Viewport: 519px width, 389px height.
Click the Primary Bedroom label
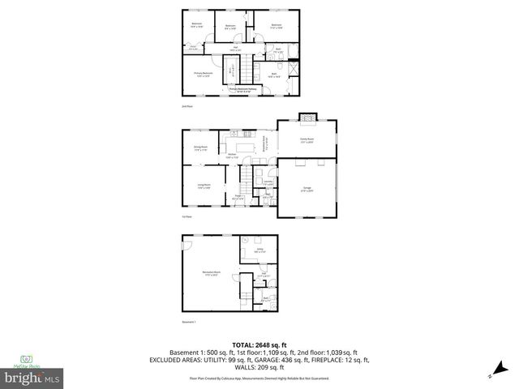(203, 74)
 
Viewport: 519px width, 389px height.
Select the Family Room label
(307, 140)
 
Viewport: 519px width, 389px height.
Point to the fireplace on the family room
(307, 118)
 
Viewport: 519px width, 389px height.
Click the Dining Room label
(200, 147)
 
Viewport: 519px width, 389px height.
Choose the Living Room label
(203, 186)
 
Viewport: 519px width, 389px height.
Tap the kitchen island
(242, 147)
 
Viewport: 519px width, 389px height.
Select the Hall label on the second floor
(235, 49)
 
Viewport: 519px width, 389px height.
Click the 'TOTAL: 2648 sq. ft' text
(259, 345)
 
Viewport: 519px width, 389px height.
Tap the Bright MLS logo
(32, 378)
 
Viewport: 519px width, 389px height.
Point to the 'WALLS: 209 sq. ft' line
(259, 366)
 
